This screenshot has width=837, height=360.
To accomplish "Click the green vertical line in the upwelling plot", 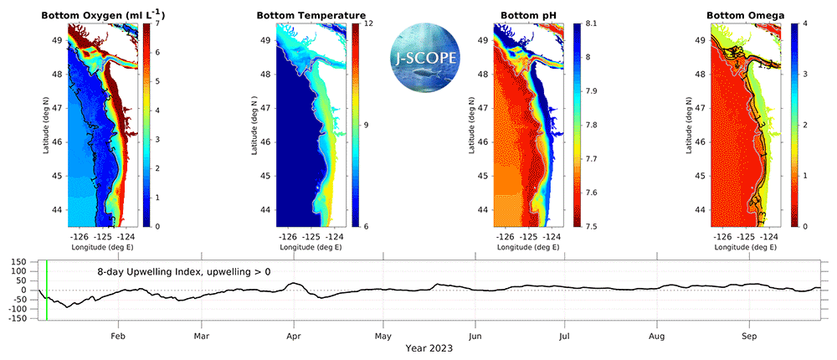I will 47,290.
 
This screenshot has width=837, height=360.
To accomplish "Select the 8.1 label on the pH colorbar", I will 590,24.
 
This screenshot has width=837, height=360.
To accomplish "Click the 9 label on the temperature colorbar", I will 367,126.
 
